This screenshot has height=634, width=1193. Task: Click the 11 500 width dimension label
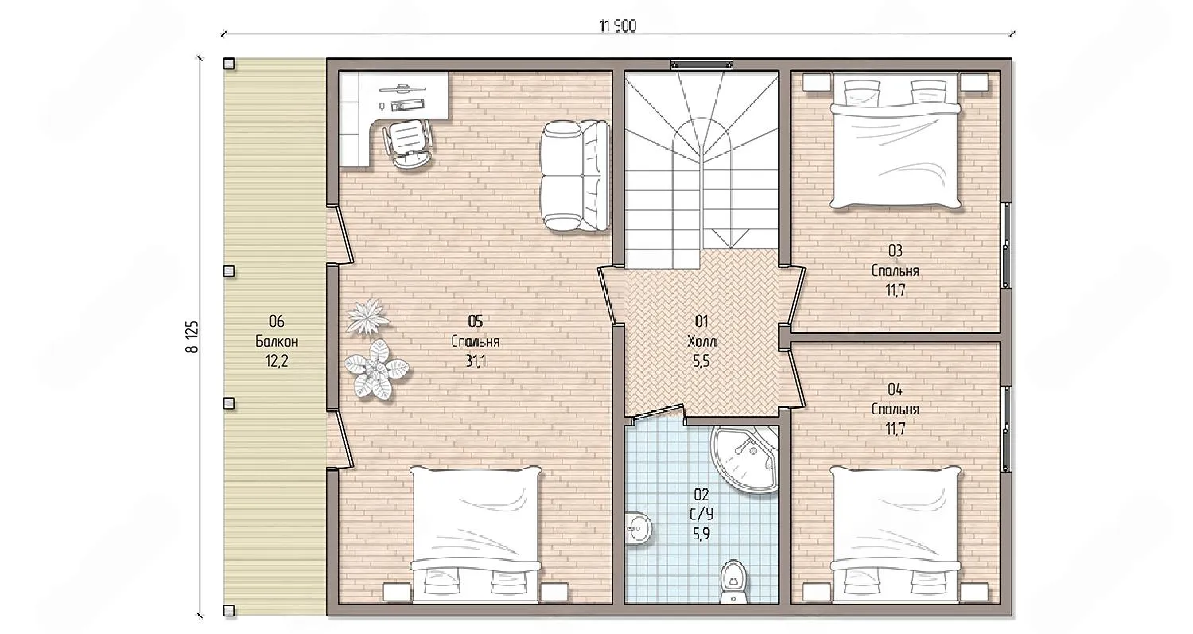click(x=618, y=26)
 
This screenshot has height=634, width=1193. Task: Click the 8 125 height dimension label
click(x=192, y=336)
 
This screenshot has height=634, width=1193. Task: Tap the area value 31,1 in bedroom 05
click(x=476, y=361)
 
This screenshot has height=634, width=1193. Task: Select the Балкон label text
click(x=277, y=341)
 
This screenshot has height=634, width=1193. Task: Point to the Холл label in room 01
click(x=702, y=341)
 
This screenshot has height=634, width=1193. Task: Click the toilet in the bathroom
click(x=734, y=581)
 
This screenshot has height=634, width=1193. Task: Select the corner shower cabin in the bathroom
click(x=744, y=459)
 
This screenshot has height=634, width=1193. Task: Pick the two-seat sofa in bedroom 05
click(x=575, y=176)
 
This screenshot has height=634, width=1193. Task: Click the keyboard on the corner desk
click(x=407, y=107)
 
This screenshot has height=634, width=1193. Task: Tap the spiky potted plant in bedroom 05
click(x=367, y=317)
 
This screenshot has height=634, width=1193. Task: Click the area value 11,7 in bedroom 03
click(x=896, y=290)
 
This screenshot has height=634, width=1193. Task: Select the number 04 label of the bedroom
click(x=895, y=390)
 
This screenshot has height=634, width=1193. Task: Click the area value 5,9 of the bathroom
click(x=701, y=534)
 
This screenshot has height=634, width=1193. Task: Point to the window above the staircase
click(x=701, y=64)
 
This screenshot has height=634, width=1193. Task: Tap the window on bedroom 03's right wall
click(x=1006, y=245)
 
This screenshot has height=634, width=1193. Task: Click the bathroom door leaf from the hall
click(x=657, y=412)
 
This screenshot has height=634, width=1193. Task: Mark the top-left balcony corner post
click(x=228, y=64)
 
